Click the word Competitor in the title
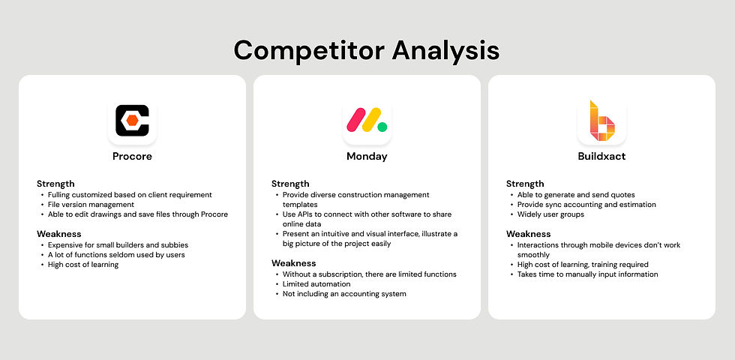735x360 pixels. (309, 50)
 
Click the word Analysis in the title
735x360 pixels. (445, 50)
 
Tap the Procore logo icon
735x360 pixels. (132, 121)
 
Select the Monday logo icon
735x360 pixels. (367, 121)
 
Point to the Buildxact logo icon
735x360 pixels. (601, 121)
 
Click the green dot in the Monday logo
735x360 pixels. (382, 127)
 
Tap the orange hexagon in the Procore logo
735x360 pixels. (132, 121)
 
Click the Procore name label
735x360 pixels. (132, 156)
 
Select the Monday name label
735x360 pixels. (367, 156)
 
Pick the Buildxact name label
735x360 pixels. (601, 156)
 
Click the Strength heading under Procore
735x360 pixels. (55, 184)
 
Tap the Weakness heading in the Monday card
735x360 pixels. (294, 263)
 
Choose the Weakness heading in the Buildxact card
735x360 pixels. (529, 233)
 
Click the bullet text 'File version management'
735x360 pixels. (91, 204)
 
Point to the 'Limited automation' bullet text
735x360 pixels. (316, 284)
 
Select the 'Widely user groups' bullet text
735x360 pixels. (550, 214)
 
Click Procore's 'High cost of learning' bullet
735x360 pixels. (83, 264)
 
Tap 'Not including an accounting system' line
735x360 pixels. (344, 294)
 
